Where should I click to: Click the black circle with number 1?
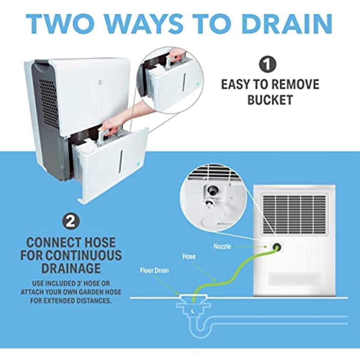click(268, 64)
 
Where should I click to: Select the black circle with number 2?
click(71, 222)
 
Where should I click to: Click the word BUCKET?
click(270, 100)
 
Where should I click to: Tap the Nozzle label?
click(222, 247)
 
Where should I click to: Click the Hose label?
click(189, 256)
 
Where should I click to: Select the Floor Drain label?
click(154, 270)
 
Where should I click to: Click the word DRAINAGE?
click(71, 268)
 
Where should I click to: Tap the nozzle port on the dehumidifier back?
click(277, 247)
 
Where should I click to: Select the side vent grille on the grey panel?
click(49, 104)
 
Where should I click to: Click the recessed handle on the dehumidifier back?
click(293, 279)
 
